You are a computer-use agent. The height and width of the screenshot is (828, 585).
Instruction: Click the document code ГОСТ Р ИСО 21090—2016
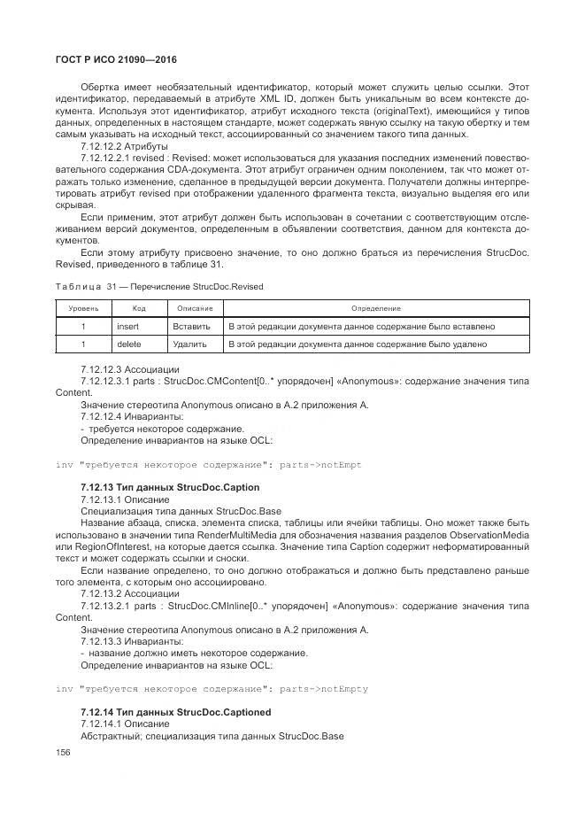(117, 59)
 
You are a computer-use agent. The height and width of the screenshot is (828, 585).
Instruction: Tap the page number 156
(63, 752)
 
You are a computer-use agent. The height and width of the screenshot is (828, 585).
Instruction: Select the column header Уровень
(83, 308)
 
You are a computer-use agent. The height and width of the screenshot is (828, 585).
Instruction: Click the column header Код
(139, 308)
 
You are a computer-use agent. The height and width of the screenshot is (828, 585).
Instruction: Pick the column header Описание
(195, 308)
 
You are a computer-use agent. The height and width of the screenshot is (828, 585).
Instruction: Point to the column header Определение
(375, 308)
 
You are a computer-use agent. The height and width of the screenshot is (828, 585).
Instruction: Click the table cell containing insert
(129, 326)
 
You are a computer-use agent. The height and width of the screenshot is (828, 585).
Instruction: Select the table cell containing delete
(129, 344)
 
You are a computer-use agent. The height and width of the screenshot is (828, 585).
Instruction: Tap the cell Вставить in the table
(191, 326)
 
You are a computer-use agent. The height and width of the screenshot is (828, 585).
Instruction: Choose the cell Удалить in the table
(190, 344)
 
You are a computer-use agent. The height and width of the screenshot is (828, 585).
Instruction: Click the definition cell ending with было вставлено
(361, 326)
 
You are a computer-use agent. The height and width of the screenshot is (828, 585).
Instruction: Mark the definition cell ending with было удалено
(358, 344)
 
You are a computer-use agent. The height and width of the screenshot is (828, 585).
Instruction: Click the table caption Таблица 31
(159, 287)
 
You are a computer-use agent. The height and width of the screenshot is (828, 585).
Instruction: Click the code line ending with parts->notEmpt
(209, 465)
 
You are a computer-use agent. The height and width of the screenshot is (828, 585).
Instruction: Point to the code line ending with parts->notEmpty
(212, 689)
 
